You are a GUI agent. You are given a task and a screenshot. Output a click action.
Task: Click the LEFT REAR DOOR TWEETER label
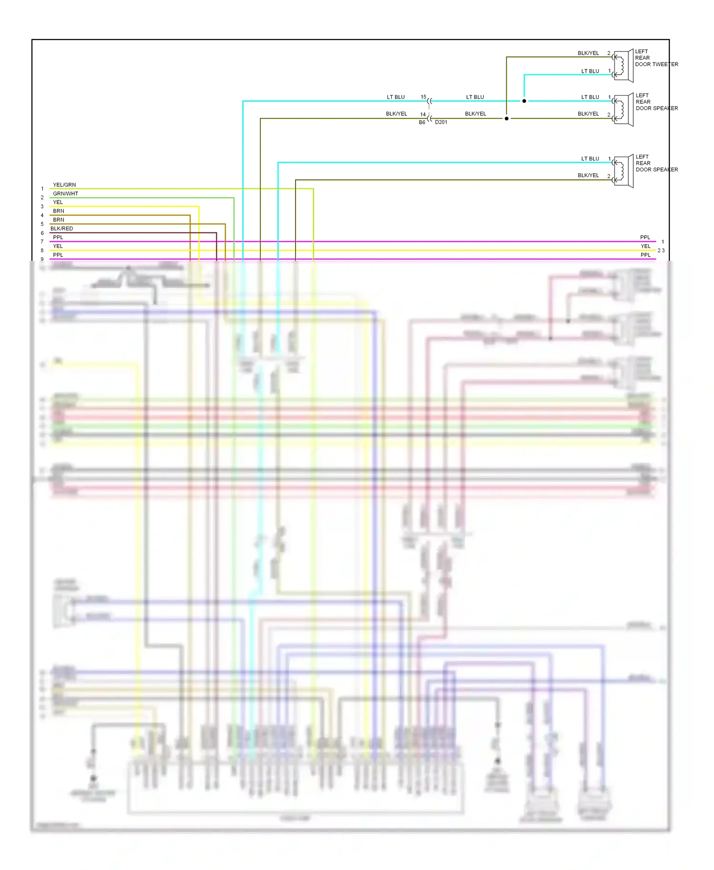[x=656, y=58]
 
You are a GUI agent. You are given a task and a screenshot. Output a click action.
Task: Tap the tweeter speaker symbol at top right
[x=623, y=66]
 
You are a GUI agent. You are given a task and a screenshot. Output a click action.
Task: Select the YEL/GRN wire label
[x=64, y=185]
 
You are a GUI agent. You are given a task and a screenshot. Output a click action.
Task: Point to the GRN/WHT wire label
[x=65, y=194]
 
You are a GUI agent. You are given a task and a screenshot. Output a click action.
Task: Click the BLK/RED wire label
[x=62, y=228]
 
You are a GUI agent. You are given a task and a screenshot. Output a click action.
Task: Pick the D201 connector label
[x=441, y=122]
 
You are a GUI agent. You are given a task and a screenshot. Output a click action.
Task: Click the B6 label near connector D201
[x=422, y=122]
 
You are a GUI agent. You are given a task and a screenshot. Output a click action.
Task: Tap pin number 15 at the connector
[x=423, y=97]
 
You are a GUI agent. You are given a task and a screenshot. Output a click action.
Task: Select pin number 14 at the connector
[x=423, y=114]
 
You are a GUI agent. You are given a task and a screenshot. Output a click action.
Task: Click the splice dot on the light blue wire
[x=524, y=101]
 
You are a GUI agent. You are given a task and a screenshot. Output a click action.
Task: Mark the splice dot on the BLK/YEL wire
[x=506, y=119]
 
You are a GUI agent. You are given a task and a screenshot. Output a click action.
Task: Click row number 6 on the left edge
[x=42, y=233]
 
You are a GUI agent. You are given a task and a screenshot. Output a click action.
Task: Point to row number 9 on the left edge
[x=42, y=259]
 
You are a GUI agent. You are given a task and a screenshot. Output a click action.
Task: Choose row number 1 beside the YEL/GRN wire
[x=42, y=189]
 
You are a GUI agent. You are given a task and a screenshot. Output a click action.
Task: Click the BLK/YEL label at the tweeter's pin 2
[x=588, y=53]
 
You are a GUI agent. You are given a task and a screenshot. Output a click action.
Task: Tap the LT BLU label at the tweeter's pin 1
[x=590, y=71]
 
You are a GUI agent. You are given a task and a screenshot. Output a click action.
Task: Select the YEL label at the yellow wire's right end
[x=645, y=246]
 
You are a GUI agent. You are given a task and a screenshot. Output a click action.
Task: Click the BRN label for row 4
[x=59, y=211]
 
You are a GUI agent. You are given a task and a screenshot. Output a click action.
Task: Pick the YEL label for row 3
[x=58, y=202]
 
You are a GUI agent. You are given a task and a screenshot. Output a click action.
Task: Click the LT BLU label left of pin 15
[x=396, y=97]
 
